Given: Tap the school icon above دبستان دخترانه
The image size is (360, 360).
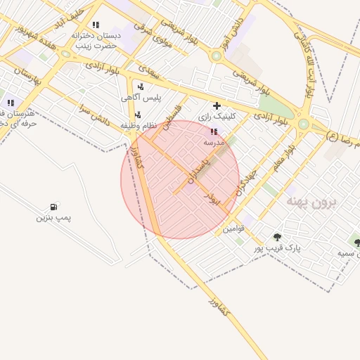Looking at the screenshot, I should [96, 25].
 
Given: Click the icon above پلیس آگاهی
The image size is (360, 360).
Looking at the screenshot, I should [141, 86].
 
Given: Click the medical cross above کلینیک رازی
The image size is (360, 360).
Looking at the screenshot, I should [217, 105].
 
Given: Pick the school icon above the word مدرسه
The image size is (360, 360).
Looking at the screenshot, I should [214, 131].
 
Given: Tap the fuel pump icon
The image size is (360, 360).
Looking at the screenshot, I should [53, 207].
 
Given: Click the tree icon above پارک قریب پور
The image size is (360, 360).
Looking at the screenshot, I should [277, 237].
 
